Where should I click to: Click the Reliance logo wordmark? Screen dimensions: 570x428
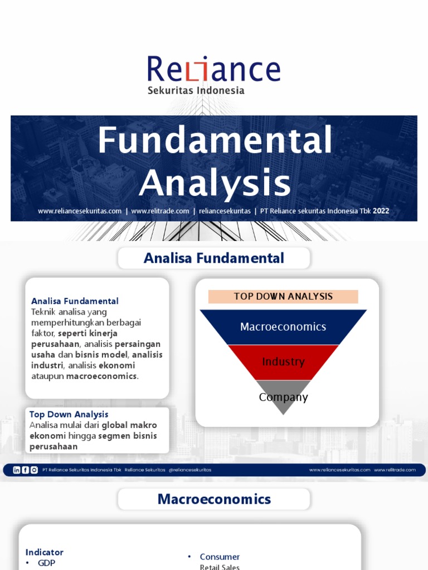click(x=213, y=69)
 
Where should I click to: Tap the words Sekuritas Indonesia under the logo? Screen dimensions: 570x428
click(x=196, y=90)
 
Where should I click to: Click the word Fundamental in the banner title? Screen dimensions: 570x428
click(x=215, y=140)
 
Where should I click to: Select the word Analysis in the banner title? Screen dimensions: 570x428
click(x=215, y=183)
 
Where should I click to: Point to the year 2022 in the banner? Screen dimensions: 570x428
click(x=381, y=211)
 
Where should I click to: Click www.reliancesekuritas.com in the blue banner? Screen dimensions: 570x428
click(x=80, y=211)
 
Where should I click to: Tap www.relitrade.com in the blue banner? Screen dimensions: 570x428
click(x=160, y=211)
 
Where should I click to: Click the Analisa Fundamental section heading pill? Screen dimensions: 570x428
click(x=214, y=258)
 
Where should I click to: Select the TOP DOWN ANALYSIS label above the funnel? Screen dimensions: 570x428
click(x=283, y=296)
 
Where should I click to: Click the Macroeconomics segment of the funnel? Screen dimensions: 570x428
click(x=283, y=327)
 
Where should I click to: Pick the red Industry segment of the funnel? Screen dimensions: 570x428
click(x=283, y=362)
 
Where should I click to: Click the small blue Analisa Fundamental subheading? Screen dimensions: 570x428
click(x=75, y=301)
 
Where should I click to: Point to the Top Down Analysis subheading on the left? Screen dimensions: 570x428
click(x=69, y=414)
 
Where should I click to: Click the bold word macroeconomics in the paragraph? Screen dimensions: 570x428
click(x=101, y=376)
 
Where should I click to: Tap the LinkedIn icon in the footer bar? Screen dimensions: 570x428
click(x=17, y=470)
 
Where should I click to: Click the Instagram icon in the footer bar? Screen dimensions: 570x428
click(x=34, y=470)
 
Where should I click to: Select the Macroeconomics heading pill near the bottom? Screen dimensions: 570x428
click(x=214, y=499)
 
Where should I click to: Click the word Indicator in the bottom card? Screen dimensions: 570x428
click(x=45, y=552)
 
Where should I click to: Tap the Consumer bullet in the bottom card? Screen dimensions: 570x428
click(x=220, y=557)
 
